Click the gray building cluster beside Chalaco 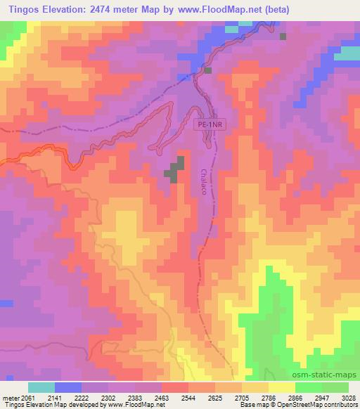175,169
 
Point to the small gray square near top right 283,37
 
